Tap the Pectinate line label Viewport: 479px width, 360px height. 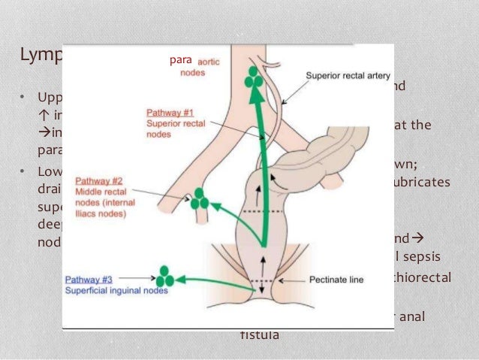pyautogui.click(x=336, y=280)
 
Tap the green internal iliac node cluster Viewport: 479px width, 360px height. pyautogui.click(x=200, y=200)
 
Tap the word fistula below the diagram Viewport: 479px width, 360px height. pyautogui.click(x=259, y=335)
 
